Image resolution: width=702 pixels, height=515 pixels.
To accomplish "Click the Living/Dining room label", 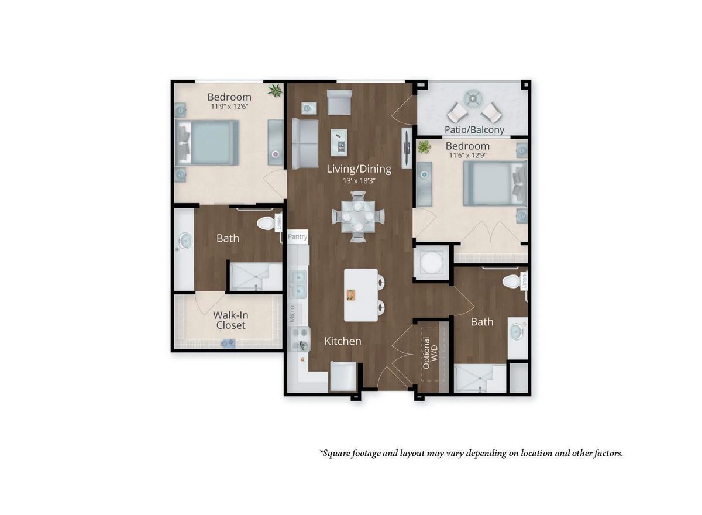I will point(359,169).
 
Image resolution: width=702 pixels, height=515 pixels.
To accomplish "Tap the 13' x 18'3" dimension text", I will point(359,181).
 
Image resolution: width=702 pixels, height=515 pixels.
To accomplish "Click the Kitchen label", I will point(343,341).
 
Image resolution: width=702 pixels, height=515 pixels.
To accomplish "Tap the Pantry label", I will point(298,237).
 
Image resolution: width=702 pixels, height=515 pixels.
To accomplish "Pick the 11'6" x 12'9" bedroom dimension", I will point(467,156).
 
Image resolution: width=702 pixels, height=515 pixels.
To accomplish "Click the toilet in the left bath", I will point(266,224).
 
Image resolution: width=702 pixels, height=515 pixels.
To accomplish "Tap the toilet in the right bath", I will point(511,281).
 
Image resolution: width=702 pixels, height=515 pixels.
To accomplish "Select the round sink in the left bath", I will point(185,240).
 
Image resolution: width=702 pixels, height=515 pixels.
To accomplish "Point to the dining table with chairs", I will point(359,217).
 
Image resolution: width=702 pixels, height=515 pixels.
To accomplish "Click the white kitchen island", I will point(360,294).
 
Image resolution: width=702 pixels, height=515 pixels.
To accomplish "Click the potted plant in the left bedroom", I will point(274,90).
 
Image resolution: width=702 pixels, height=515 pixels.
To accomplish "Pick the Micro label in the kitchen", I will point(292,314).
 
